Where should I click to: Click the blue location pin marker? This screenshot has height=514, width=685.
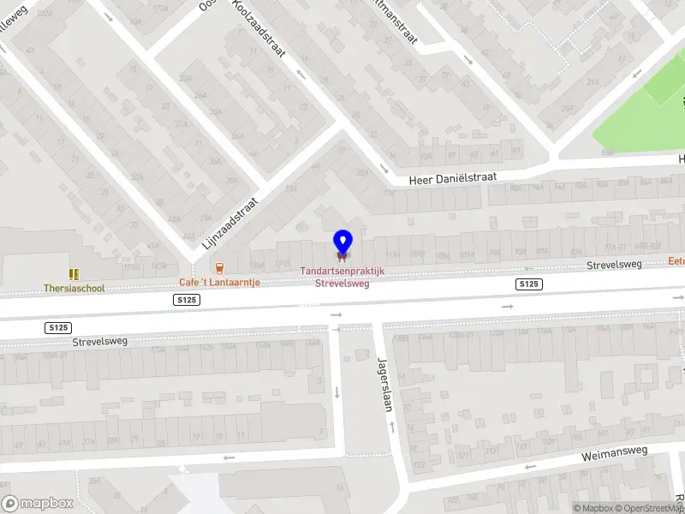[342, 242]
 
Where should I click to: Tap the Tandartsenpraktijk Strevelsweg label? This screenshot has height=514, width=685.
[342, 277]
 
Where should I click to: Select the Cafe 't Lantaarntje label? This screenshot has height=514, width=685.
[219, 282]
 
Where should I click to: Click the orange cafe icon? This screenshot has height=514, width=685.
[220, 267]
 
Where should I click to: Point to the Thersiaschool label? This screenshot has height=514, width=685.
[74, 289]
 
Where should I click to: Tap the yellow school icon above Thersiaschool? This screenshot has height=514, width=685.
[74, 274]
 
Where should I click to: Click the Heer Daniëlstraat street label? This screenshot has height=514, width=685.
[453, 175]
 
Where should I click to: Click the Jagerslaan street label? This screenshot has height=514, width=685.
[385, 385]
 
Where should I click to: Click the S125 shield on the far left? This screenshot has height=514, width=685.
[58, 328]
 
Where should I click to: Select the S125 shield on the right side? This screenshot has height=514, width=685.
[529, 284]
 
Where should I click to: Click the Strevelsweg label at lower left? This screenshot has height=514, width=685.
[99, 341]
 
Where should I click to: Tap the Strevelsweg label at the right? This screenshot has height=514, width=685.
[614, 266]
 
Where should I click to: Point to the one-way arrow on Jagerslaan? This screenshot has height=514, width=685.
[337, 391]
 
